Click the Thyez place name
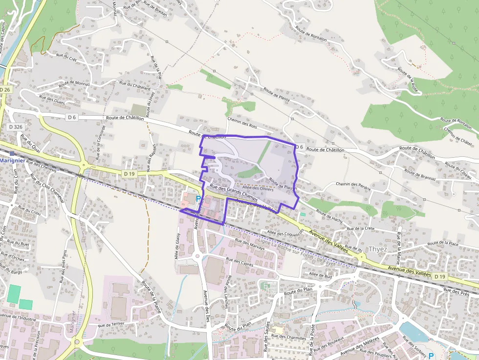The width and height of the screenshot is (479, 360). point(377,249)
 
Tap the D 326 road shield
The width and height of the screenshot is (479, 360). point(16,127)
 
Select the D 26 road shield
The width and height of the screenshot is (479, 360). point(5,90)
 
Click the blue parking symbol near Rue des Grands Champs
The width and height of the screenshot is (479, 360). point(198,199)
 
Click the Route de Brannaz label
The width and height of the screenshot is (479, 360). point(420,175)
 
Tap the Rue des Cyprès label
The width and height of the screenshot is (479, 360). point(240,261)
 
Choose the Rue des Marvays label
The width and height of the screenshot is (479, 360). point(250,244)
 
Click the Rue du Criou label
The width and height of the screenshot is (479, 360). point(29,212)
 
